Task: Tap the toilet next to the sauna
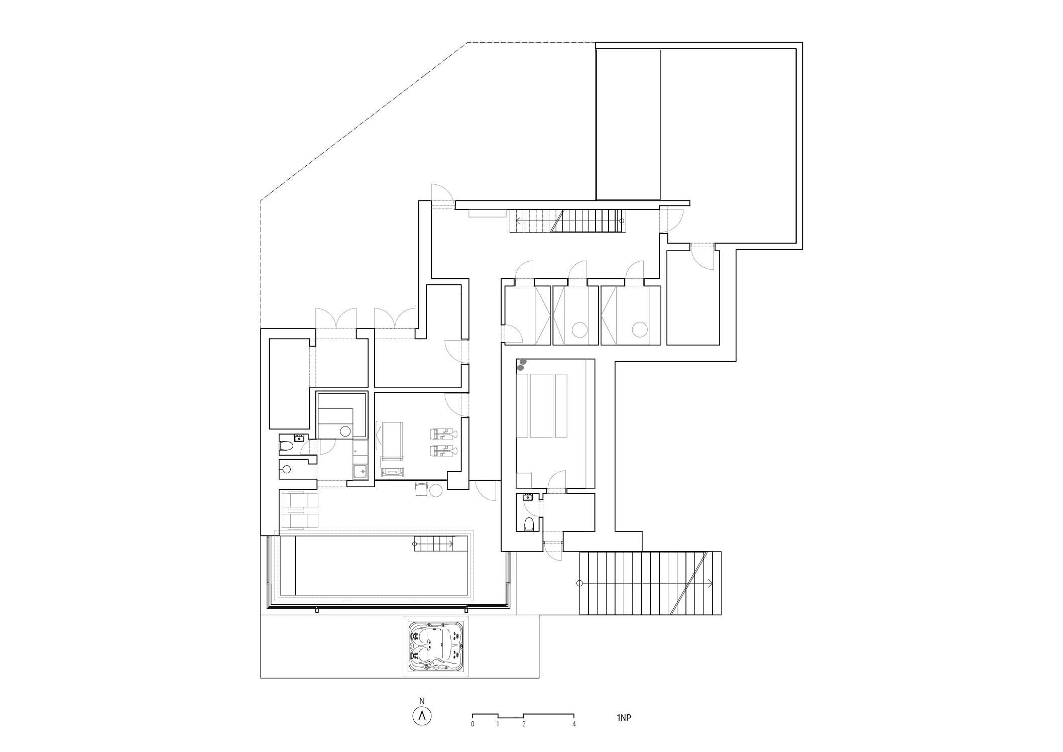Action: (286, 446)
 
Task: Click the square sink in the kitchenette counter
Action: (360, 471)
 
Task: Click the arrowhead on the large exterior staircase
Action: (710, 583)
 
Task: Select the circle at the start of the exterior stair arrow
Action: (580, 583)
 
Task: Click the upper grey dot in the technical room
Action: (523, 361)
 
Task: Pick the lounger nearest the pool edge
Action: (300, 520)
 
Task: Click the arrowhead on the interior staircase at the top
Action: (519, 221)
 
